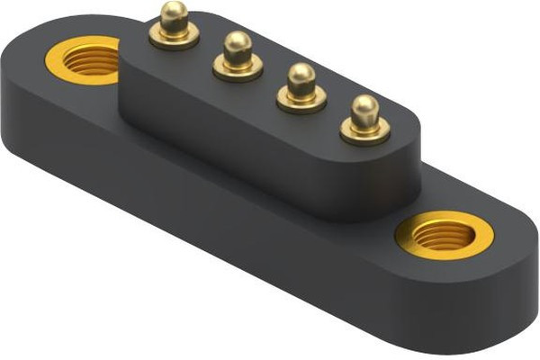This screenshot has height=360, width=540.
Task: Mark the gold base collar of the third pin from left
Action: [301, 98]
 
